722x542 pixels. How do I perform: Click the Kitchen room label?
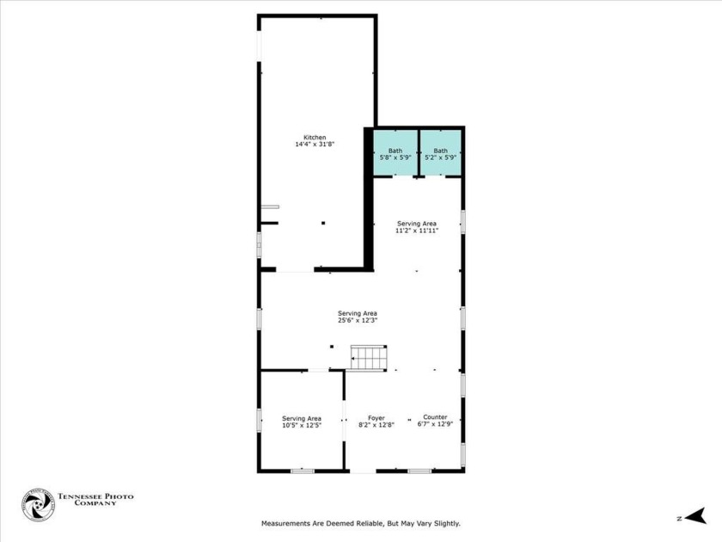(315, 138)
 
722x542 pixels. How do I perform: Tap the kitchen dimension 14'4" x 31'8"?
(315, 145)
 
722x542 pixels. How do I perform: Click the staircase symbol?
(369, 356)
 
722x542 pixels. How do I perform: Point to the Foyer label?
(376, 418)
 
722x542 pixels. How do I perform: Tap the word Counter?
(435, 417)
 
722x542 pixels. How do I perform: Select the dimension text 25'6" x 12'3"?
(358, 320)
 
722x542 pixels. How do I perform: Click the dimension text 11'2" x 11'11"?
(417, 231)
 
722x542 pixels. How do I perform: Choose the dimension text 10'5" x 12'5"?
(302, 425)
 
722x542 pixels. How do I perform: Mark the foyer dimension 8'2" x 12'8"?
(376, 425)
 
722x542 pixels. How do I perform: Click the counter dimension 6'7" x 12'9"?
(435, 424)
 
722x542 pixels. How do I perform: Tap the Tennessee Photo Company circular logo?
(38, 505)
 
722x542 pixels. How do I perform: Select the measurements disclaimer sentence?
(361, 523)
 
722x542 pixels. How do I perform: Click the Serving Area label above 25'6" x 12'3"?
(358, 313)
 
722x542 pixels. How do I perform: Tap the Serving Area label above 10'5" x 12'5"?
(302, 418)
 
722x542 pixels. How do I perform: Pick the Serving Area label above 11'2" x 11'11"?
(417, 224)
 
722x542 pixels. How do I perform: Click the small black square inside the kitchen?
(323, 224)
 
